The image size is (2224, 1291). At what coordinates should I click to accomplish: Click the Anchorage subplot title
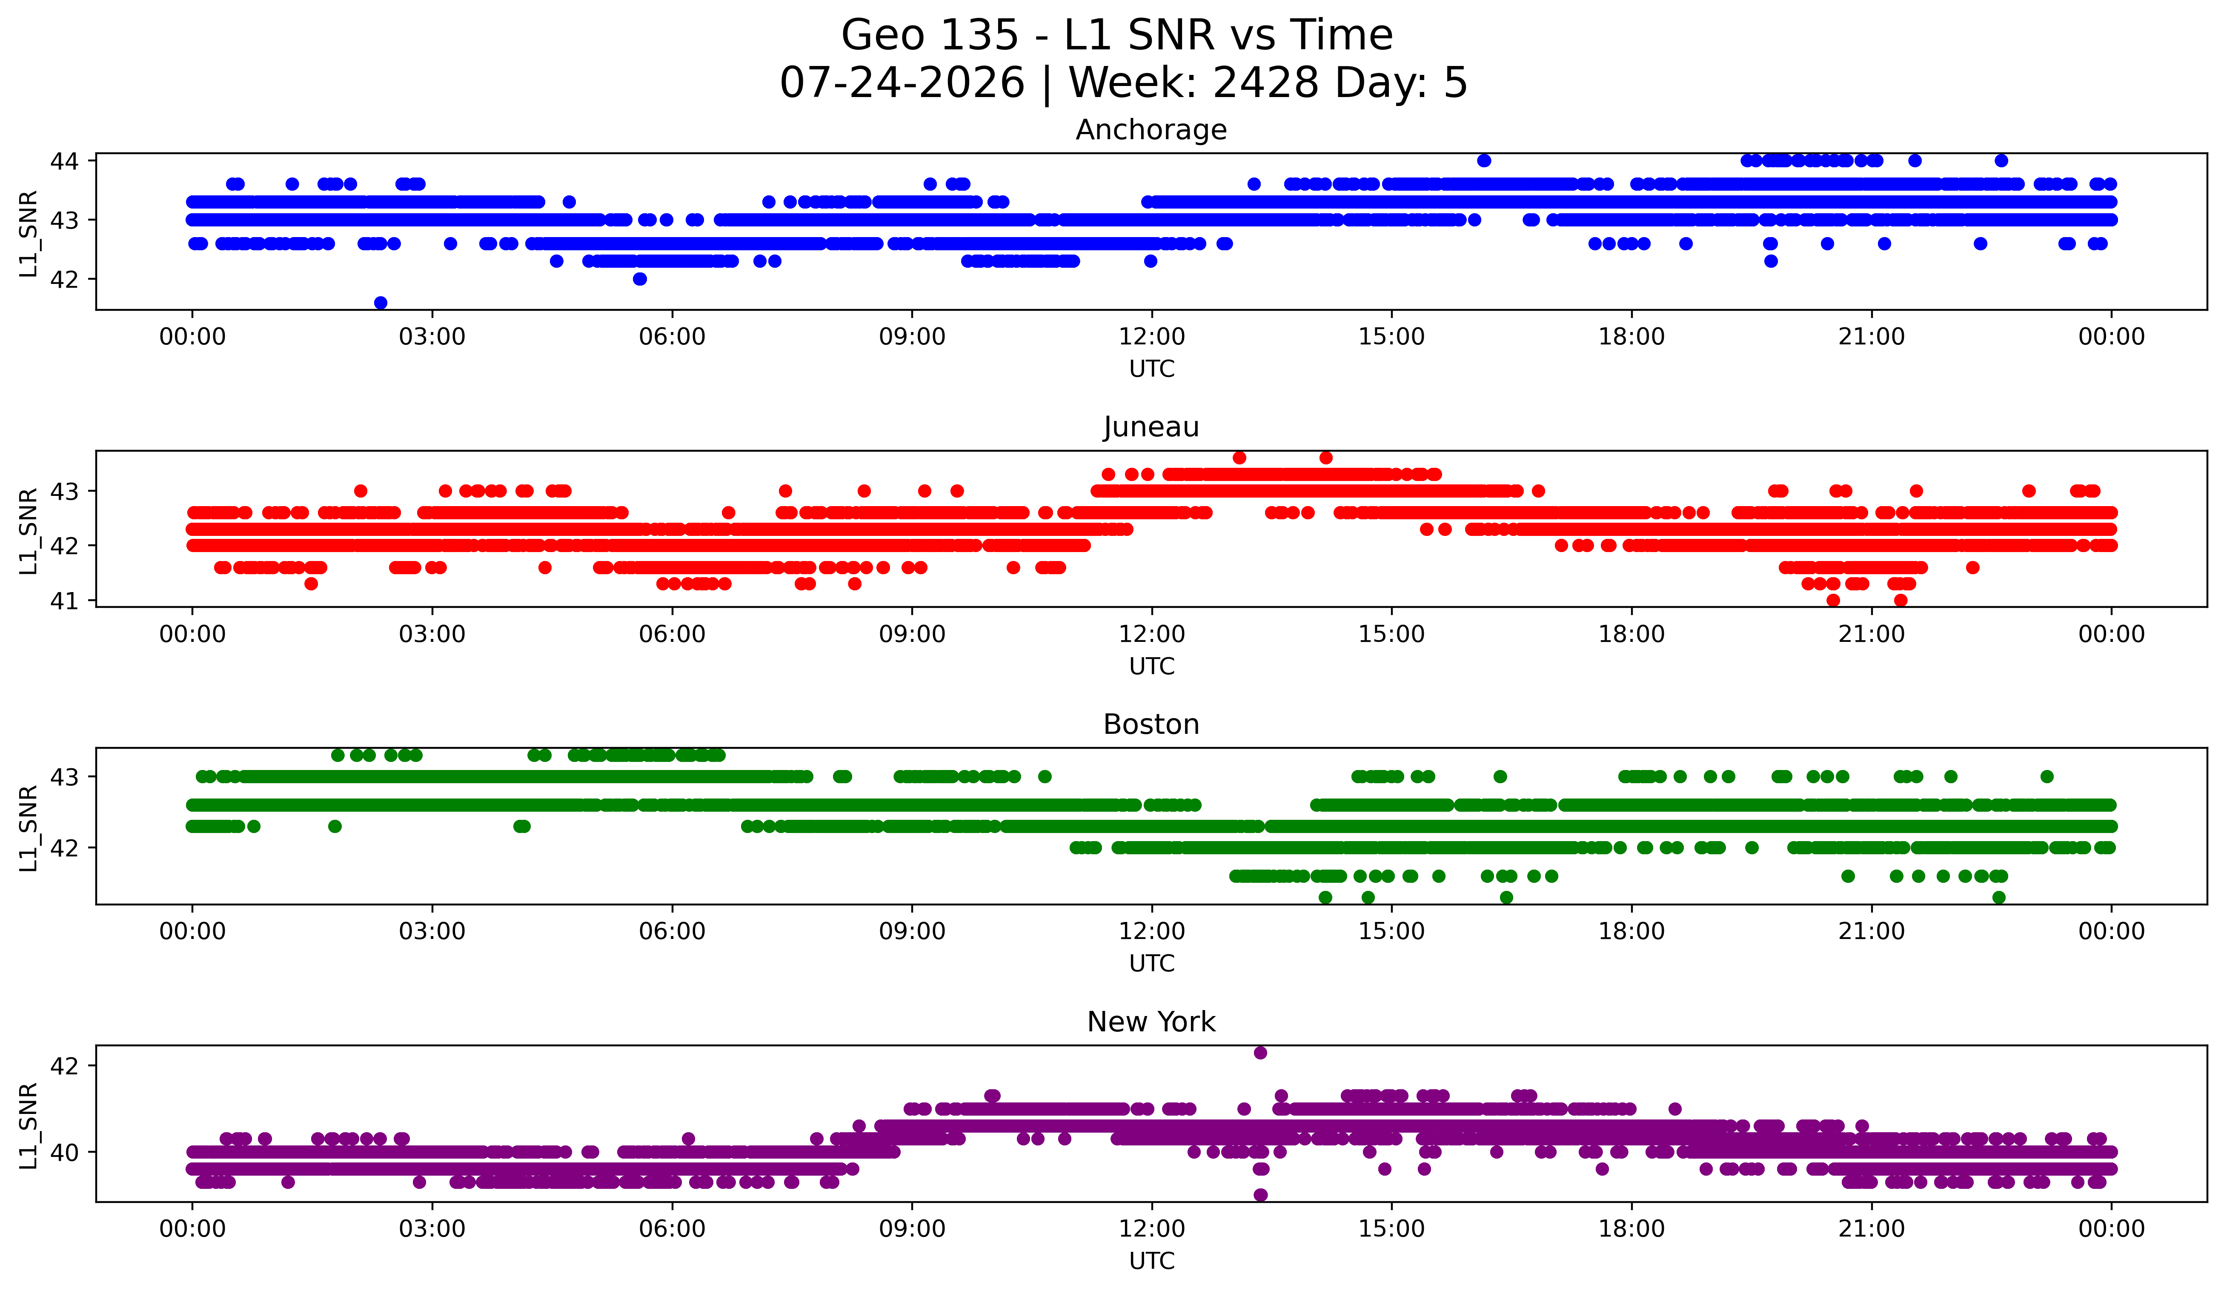coord(1151,130)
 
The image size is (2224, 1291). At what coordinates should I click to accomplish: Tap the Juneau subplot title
coord(1151,427)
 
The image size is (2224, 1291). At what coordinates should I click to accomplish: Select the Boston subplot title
coord(1151,724)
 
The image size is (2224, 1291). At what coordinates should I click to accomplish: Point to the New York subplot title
coord(1151,1022)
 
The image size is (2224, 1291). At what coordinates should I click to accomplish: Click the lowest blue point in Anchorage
coord(381,303)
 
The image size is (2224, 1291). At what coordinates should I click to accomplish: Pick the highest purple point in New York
coord(1260,1053)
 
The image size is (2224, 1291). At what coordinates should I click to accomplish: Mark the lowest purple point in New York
coord(1260,1195)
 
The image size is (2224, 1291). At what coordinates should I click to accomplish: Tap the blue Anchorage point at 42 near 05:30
coord(640,279)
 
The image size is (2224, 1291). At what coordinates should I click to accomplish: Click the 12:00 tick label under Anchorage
coord(1152,337)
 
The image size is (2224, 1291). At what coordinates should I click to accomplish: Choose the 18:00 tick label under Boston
coord(1631,932)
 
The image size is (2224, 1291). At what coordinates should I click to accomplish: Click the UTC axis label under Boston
coord(1152,964)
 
